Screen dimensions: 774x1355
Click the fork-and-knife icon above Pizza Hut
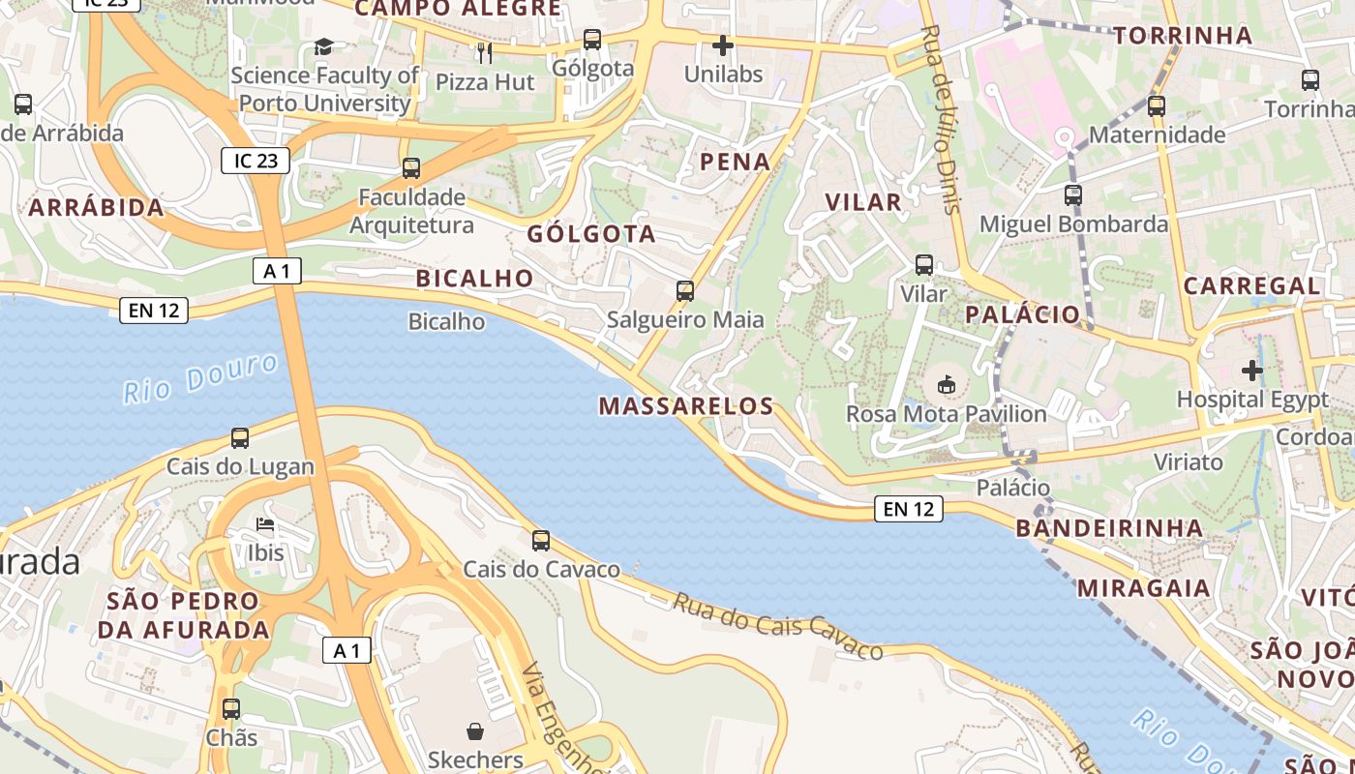(x=485, y=52)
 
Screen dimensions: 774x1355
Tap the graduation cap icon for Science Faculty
(x=323, y=46)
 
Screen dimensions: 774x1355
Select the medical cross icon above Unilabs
(x=723, y=45)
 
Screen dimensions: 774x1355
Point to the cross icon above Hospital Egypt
(x=1252, y=370)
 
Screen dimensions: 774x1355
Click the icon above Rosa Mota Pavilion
(x=947, y=385)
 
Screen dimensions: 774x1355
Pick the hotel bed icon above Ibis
(x=265, y=525)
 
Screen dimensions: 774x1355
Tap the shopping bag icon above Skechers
(x=475, y=730)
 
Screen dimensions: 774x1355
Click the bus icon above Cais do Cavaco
(x=541, y=540)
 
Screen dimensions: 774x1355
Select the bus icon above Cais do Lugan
(x=240, y=437)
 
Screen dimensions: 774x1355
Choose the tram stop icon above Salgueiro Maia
(x=685, y=290)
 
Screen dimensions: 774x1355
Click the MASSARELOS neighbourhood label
(x=686, y=406)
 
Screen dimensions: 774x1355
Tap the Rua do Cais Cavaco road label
(x=778, y=626)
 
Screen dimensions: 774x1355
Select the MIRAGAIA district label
(x=1143, y=588)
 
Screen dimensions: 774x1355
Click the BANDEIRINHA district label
(x=1109, y=528)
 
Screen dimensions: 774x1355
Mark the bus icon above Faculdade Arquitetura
(x=411, y=168)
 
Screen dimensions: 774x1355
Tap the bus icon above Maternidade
(x=1157, y=105)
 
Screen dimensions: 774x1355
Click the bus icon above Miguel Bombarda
(x=1073, y=194)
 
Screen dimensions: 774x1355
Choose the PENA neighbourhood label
(x=736, y=162)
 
